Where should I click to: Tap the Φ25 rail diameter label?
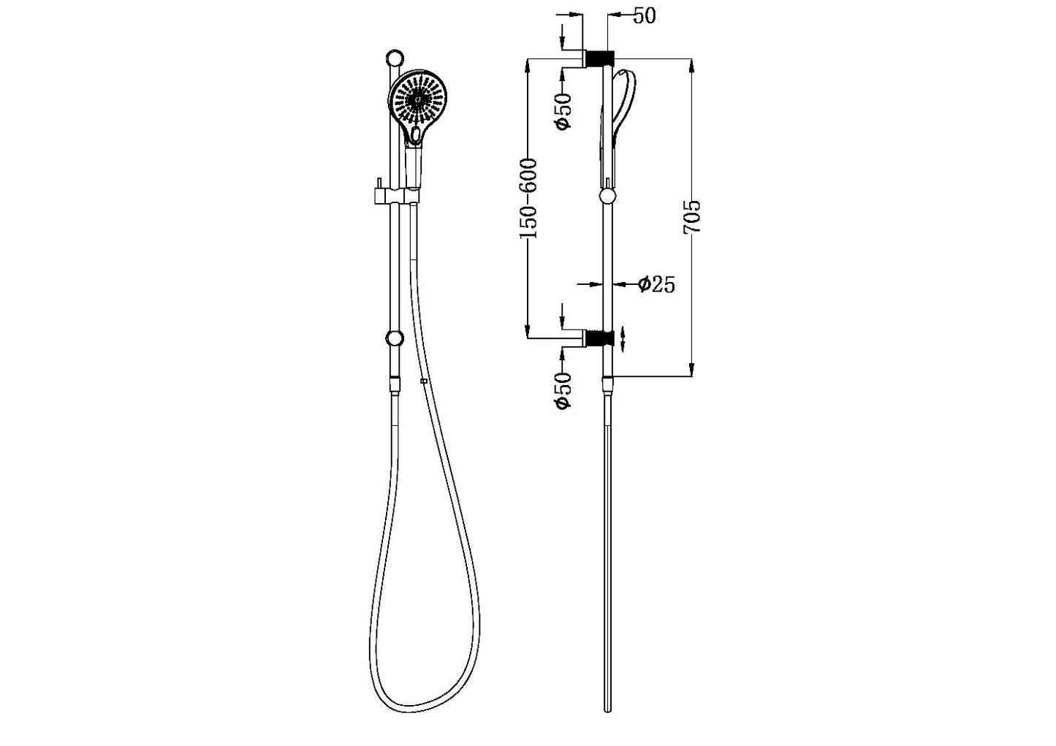(656, 284)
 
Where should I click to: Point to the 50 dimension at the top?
(644, 16)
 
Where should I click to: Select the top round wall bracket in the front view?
(395, 58)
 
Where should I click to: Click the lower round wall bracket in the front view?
(395, 338)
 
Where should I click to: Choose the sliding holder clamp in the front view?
(394, 196)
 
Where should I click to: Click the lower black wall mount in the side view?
(600, 338)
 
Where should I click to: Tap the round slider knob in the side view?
(607, 196)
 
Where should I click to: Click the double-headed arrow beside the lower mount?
(623, 339)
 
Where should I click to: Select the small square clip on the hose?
(423, 381)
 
